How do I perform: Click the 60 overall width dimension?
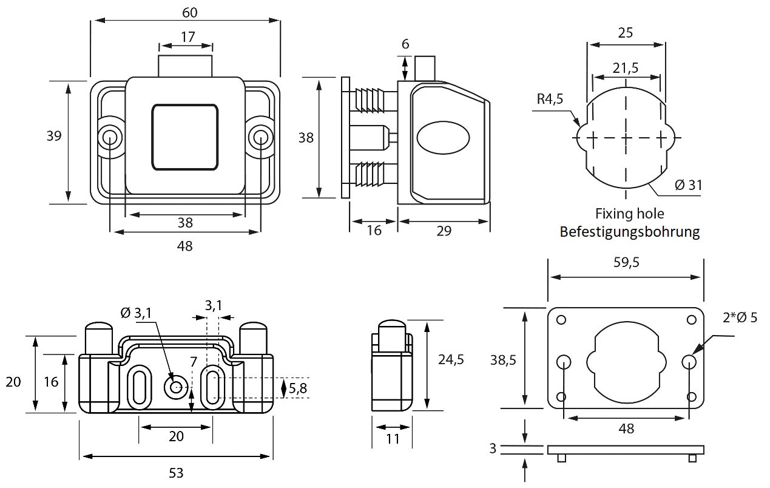tap(189, 12)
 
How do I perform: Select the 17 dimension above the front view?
tap(187, 37)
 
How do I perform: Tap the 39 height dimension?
tap(54, 136)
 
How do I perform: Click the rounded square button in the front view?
tap(184, 137)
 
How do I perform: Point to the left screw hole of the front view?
tap(110, 137)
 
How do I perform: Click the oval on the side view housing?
tap(443, 137)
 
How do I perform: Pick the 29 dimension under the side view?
tap(444, 231)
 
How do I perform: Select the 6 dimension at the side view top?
tap(405, 44)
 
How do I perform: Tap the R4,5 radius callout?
tap(550, 99)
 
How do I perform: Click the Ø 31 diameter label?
tap(688, 185)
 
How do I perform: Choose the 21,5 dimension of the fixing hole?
tap(626, 68)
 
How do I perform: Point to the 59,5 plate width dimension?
tap(626, 262)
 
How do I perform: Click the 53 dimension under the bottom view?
tap(175, 472)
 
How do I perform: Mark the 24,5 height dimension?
tap(451, 359)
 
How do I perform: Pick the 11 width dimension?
tap(393, 438)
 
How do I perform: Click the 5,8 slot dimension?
tap(298, 388)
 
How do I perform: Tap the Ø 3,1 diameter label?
tap(136, 313)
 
